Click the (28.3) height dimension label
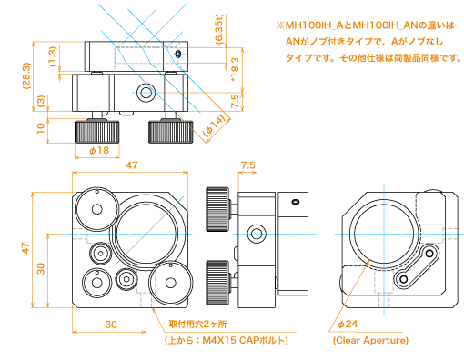26,75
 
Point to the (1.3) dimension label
53,56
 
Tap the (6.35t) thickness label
219,29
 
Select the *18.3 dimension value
235,69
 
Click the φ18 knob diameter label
99,150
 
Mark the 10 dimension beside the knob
40,128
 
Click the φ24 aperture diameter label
348,325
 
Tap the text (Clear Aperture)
370,340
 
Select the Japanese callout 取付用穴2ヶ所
197,325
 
